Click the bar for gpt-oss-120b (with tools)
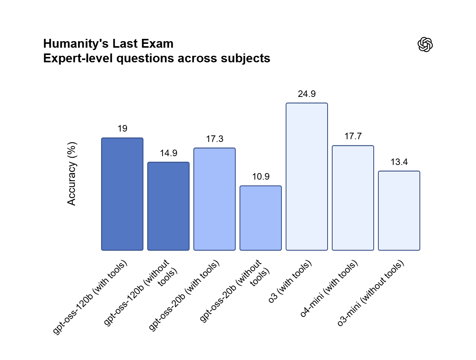click(x=122, y=194)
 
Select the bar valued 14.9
click(x=168, y=206)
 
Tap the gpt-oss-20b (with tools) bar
click(x=215, y=199)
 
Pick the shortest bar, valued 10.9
click(x=261, y=218)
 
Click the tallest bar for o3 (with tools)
click(x=307, y=177)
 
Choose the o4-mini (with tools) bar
click(x=353, y=198)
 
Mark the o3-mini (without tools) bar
click(x=399, y=211)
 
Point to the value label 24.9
click(x=307, y=94)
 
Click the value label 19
click(x=122, y=129)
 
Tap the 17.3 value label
click(x=215, y=139)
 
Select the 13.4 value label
click(x=399, y=162)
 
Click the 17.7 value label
click(x=353, y=137)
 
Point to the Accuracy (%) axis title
click(x=72, y=173)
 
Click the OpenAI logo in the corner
click(x=425, y=45)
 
